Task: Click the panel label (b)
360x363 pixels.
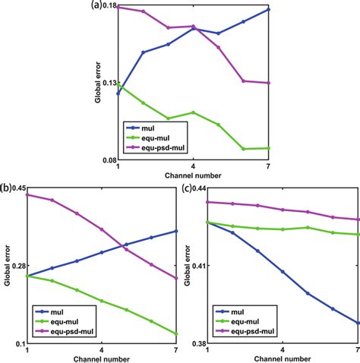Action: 6,186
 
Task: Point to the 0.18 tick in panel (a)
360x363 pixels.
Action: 108,7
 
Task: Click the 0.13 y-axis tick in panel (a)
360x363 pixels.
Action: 108,84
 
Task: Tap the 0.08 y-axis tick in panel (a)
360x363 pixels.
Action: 108,160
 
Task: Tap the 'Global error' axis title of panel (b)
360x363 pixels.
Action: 7,266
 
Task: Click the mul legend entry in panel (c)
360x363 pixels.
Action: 238,311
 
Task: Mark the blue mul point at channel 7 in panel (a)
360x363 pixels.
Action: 268,10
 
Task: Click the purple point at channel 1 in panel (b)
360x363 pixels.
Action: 27,194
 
